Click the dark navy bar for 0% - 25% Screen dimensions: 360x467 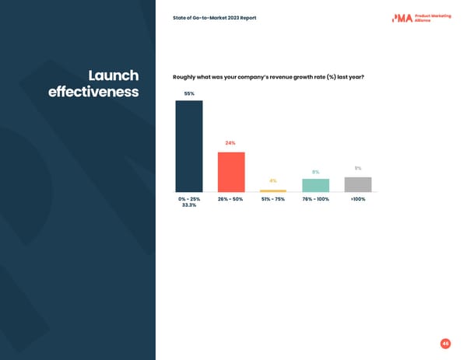pyautogui.click(x=188, y=146)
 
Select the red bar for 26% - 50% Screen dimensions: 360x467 pyautogui.click(x=231, y=172)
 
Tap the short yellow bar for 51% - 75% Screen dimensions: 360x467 pyautogui.click(x=273, y=190)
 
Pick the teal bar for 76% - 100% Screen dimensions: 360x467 pyautogui.click(x=315, y=185)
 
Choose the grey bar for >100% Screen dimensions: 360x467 pyautogui.click(x=358, y=184)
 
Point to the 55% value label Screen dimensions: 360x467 pyautogui.click(x=188, y=93)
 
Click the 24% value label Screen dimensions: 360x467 pyautogui.click(x=230, y=143)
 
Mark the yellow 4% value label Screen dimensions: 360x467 pyautogui.click(x=273, y=181)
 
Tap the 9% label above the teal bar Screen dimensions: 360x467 pyautogui.click(x=315, y=172)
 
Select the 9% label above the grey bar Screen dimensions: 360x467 pyautogui.click(x=358, y=169)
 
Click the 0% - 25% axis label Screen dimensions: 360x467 pyautogui.click(x=189, y=199)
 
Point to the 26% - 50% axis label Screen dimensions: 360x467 pyautogui.click(x=230, y=199)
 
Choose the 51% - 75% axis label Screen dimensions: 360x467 pyautogui.click(x=273, y=199)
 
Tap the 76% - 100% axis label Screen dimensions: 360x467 pyautogui.click(x=315, y=199)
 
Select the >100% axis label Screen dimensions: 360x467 pyautogui.click(x=358, y=199)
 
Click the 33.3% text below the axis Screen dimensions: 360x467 pyautogui.click(x=189, y=205)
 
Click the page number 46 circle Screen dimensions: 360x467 pyautogui.click(x=445, y=344)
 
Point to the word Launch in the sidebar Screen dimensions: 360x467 pyautogui.click(x=114, y=75)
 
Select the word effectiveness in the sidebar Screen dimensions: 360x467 pyautogui.click(x=93, y=93)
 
